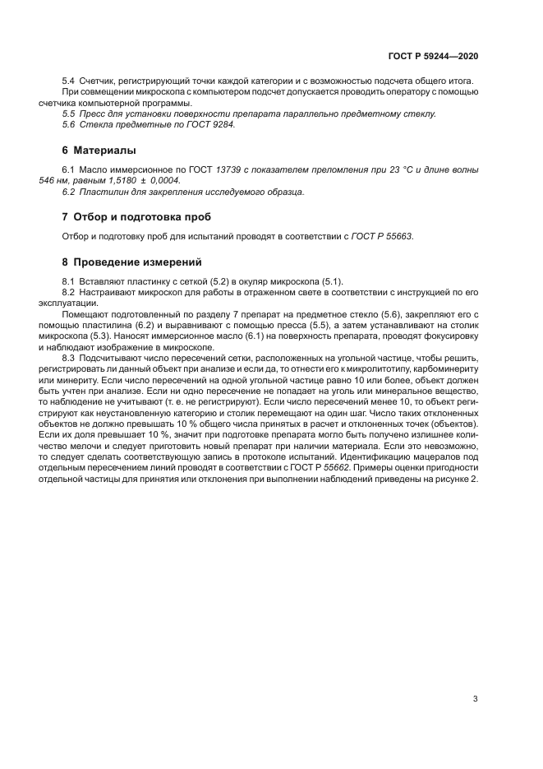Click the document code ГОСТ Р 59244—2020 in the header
point(433,56)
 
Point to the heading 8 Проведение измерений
point(131,262)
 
